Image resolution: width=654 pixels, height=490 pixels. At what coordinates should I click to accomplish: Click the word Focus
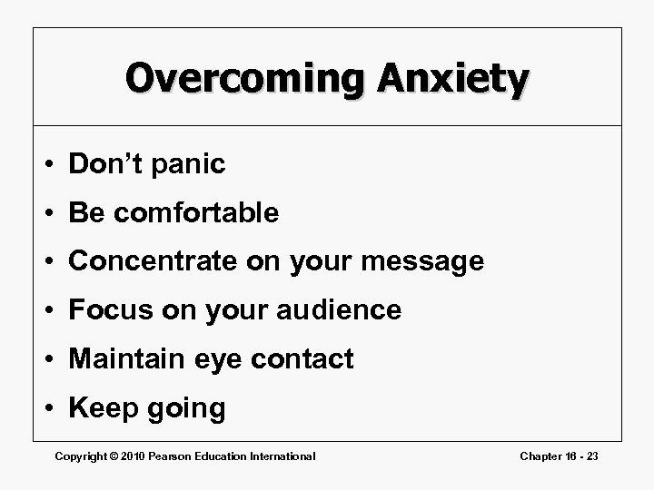[106, 310]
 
